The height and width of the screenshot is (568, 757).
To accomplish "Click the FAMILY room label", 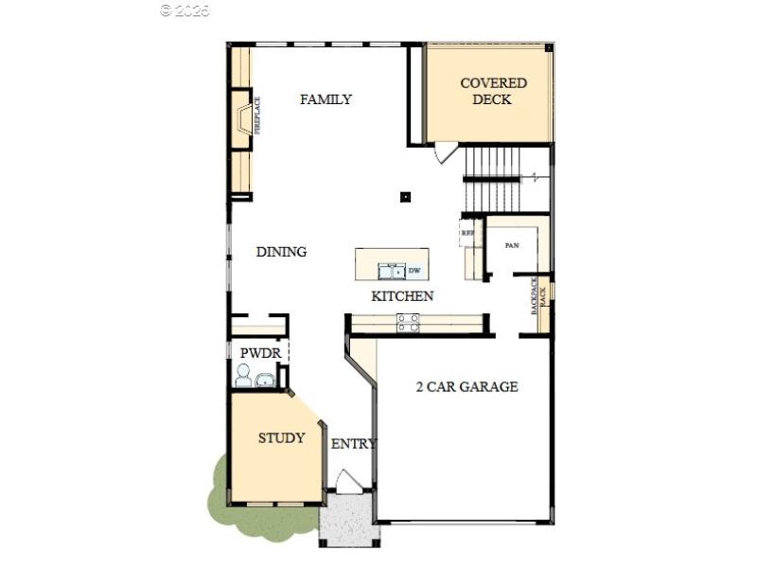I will click(326, 99).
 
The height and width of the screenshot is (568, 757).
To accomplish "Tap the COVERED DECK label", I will click(493, 91).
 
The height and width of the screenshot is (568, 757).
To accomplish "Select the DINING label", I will click(282, 252).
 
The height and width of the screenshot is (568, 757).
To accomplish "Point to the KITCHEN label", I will click(402, 296).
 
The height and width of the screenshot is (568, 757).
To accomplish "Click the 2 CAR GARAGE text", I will click(467, 386).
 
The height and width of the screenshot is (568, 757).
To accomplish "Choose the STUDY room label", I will click(282, 438).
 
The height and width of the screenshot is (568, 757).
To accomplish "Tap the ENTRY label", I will click(353, 443).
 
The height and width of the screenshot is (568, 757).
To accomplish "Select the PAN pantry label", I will click(512, 245).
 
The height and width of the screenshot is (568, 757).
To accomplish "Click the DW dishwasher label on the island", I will click(414, 271).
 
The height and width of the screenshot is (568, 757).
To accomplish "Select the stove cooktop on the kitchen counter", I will click(408, 324).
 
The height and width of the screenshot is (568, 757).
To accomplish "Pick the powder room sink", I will click(265, 381).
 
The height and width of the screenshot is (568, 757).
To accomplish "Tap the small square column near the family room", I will click(405, 197).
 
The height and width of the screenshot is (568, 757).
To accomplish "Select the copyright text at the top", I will click(185, 10).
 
